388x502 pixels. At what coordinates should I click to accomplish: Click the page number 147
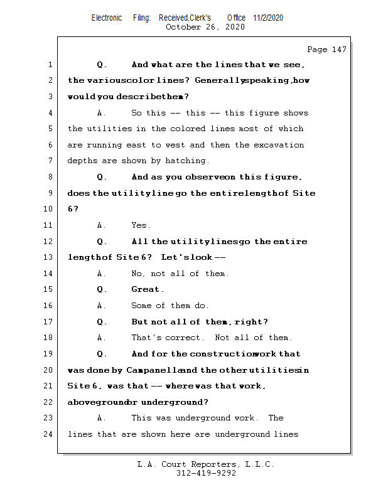click(x=338, y=50)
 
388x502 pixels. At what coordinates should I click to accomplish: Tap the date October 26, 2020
click(x=205, y=27)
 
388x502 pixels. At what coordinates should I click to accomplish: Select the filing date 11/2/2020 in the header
click(x=268, y=18)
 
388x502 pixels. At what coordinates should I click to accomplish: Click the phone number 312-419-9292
click(x=206, y=473)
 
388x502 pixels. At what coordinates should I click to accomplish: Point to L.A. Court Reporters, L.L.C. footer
click(x=206, y=464)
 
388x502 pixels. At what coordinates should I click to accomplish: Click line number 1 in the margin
click(x=50, y=65)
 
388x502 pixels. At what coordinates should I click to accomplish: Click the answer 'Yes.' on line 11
click(x=141, y=225)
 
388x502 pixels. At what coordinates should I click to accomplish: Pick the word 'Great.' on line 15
click(x=148, y=289)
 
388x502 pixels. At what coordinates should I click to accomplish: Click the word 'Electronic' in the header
click(x=107, y=18)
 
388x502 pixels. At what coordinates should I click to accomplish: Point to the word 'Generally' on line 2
click(x=218, y=81)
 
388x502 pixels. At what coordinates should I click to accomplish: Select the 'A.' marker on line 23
click(x=102, y=418)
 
